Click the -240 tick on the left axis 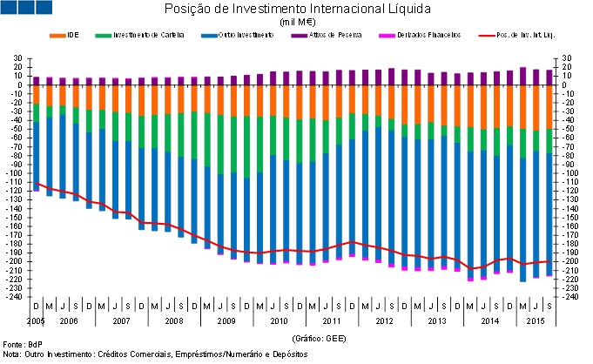click(x=15, y=297)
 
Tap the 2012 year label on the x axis click(x=385, y=320)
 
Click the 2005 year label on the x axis click(x=35, y=320)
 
